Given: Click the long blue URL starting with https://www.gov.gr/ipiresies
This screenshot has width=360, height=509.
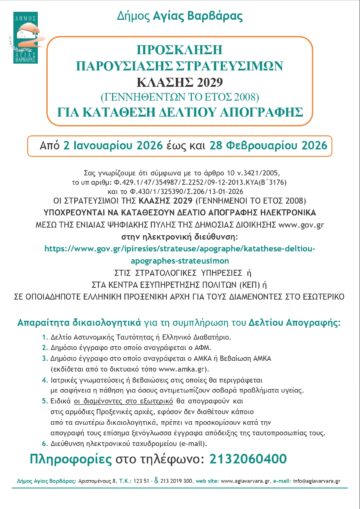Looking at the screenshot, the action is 180,232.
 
